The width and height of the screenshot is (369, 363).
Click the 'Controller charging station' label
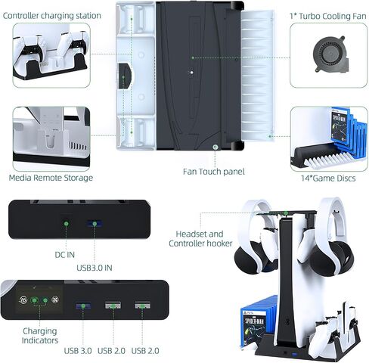coord(52,16)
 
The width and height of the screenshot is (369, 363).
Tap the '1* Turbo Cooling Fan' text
coord(328,16)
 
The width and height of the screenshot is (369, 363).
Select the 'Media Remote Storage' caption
coord(51,178)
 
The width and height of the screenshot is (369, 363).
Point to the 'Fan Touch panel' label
coord(214,172)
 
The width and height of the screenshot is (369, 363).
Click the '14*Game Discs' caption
coord(328,178)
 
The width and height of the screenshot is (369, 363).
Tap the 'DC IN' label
coord(65,255)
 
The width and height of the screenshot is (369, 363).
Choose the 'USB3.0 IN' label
coord(95,268)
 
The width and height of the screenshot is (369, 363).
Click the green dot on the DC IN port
coord(67,224)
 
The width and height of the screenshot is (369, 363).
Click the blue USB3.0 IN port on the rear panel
coord(95,224)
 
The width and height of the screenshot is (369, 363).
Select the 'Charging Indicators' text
coord(40,336)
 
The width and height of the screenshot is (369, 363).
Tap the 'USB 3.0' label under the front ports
coord(78,351)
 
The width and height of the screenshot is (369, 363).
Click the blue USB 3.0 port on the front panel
coord(83,306)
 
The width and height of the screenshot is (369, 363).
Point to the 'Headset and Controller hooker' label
coord(200,238)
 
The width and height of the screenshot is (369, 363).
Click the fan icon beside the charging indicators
coord(55,300)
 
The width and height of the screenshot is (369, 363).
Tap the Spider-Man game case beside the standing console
coord(253,327)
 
